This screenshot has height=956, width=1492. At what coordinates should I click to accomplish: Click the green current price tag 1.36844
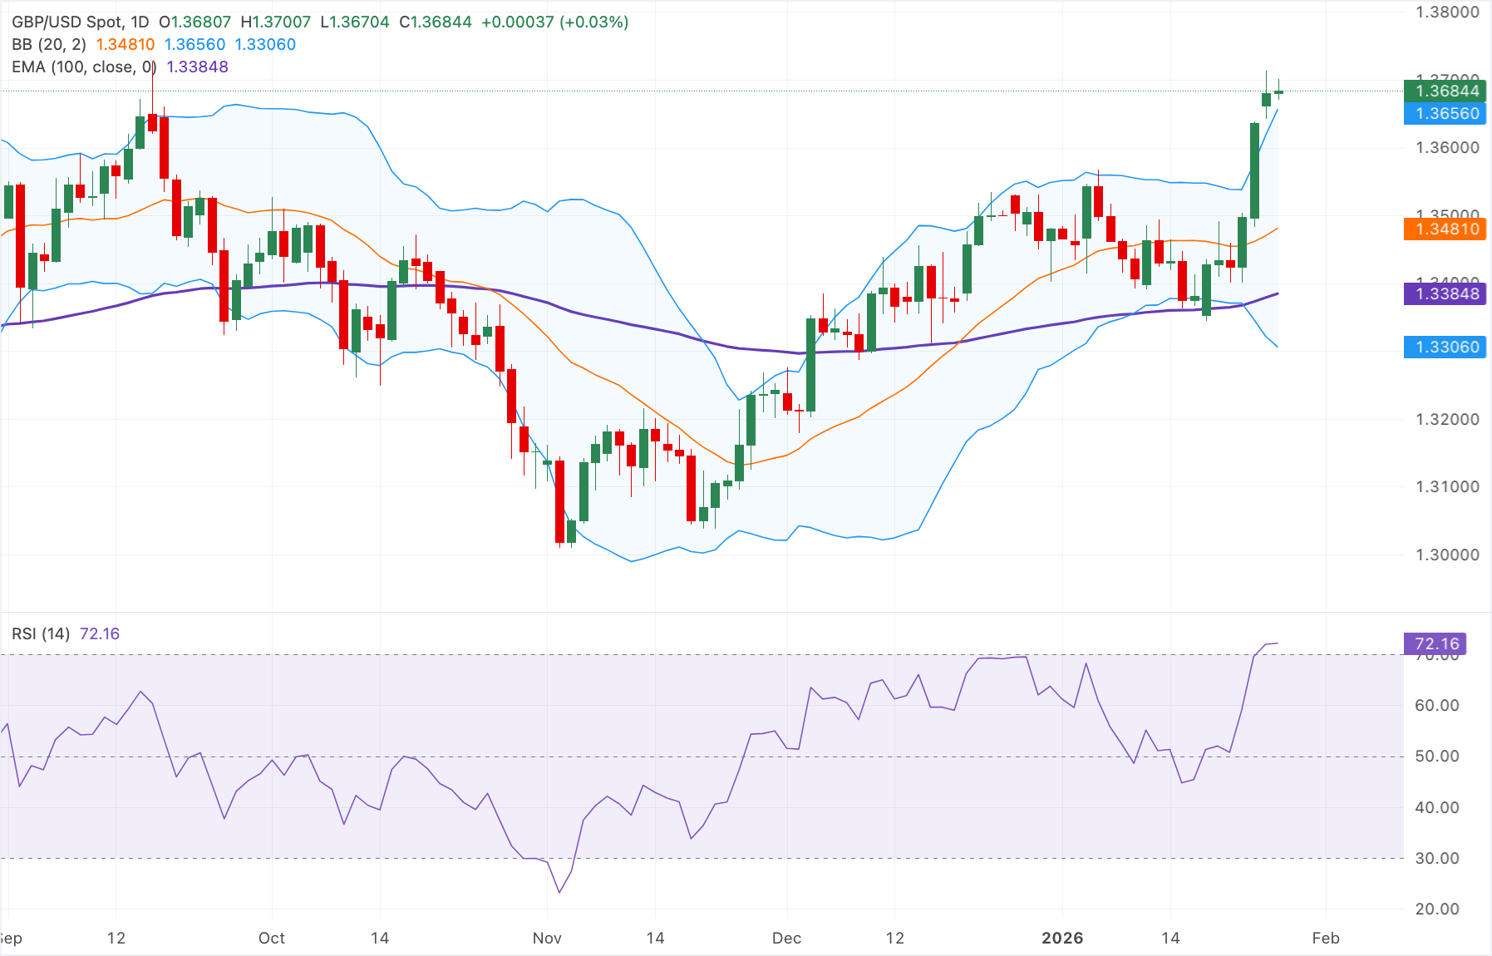[1445, 91]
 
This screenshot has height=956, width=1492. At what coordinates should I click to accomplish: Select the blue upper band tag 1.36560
[1445, 114]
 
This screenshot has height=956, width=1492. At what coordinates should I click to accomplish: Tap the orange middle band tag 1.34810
[1445, 229]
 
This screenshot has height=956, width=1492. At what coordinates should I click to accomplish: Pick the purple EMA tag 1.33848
[1445, 293]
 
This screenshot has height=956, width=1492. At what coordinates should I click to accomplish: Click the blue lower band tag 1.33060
[1445, 347]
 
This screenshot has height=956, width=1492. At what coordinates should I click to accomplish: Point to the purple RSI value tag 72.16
[1435, 643]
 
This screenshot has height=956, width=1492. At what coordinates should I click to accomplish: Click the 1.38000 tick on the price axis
[1447, 12]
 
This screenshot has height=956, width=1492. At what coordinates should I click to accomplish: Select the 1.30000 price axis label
[1447, 554]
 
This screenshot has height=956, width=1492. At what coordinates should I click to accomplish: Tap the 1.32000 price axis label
[1447, 419]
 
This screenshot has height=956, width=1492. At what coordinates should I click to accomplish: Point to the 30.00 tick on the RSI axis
[1437, 858]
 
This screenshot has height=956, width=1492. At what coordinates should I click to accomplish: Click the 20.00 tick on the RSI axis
[1437, 909]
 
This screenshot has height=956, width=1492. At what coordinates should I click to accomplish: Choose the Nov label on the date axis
[547, 938]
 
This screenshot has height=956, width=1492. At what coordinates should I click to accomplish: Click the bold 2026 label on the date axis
[1062, 938]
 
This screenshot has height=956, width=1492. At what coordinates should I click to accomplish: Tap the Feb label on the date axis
[1326, 938]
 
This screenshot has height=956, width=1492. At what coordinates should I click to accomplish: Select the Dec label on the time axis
[786, 938]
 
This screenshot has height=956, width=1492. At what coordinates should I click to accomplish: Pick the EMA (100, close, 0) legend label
[84, 67]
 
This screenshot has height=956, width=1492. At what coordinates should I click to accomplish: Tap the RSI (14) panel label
[41, 633]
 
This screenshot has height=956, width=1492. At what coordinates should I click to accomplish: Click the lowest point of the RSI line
[559, 893]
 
